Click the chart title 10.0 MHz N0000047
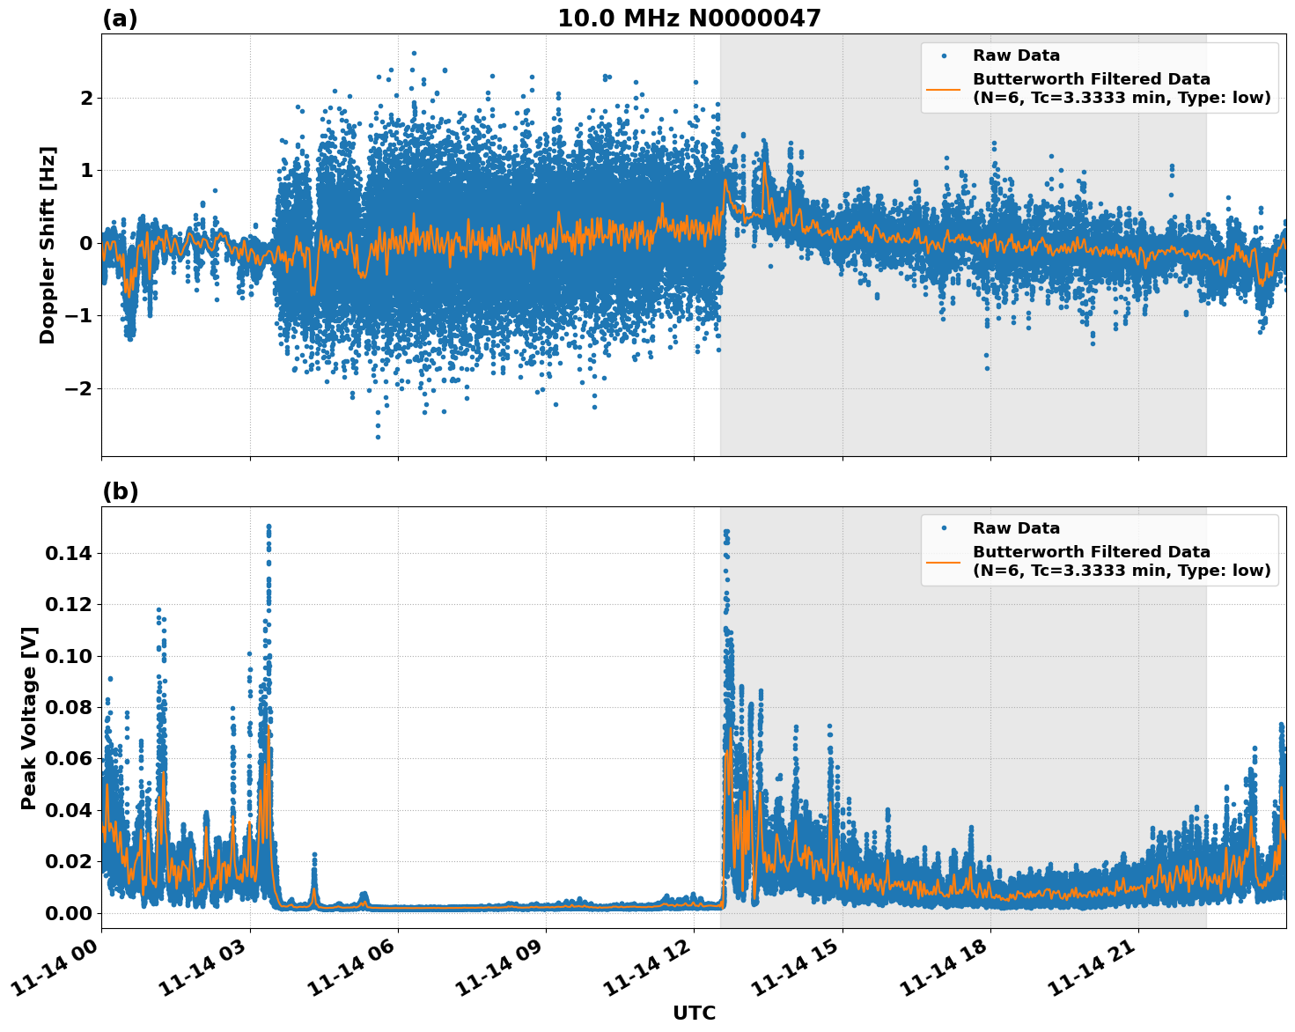tap(688, 18)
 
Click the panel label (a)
tap(120, 18)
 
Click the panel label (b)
tap(120, 491)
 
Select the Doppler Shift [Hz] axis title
tap(48, 245)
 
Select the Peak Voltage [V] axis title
tap(29, 718)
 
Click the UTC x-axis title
tap(694, 1013)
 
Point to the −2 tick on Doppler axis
tap(79, 388)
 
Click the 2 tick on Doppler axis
tap(86, 97)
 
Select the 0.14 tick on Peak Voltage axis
tap(68, 553)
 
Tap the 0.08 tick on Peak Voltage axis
tap(68, 707)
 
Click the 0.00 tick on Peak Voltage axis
tap(68, 913)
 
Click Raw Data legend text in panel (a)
tap(1016, 55)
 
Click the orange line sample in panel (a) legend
tap(943, 88)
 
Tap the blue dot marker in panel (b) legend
tap(943, 528)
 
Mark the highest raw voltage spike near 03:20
tap(269, 527)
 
